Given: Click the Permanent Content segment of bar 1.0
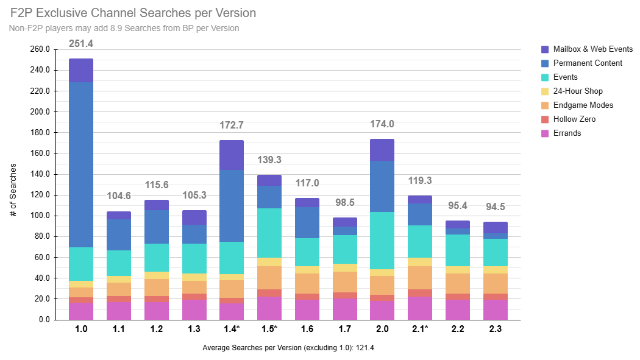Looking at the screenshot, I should (x=81, y=164).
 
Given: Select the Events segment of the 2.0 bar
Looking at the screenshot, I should (x=382, y=241).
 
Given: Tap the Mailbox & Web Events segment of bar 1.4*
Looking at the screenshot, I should (x=232, y=155).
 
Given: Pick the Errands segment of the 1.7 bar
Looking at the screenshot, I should (x=345, y=309).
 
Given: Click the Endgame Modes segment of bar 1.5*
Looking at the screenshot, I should (x=269, y=278).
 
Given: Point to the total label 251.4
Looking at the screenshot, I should (x=81, y=44).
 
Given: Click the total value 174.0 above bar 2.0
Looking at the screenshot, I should (x=382, y=124).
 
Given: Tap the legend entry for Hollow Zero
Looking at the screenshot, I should (x=574, y=119).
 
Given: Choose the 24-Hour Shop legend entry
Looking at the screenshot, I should (x=577, y=91).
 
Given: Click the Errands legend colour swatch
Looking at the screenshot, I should (x=546, y=133).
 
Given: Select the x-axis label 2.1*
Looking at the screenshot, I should (x=420, y=330).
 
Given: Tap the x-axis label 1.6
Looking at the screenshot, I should (x=307, y=330).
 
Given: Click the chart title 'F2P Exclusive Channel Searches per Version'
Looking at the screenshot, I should (x=133, y=13).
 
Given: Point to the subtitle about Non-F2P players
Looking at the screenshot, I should (x=124, y=28).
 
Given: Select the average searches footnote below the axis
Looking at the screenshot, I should (x=291, y=348).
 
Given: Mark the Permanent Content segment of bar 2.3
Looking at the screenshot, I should (x=496, y=236).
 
